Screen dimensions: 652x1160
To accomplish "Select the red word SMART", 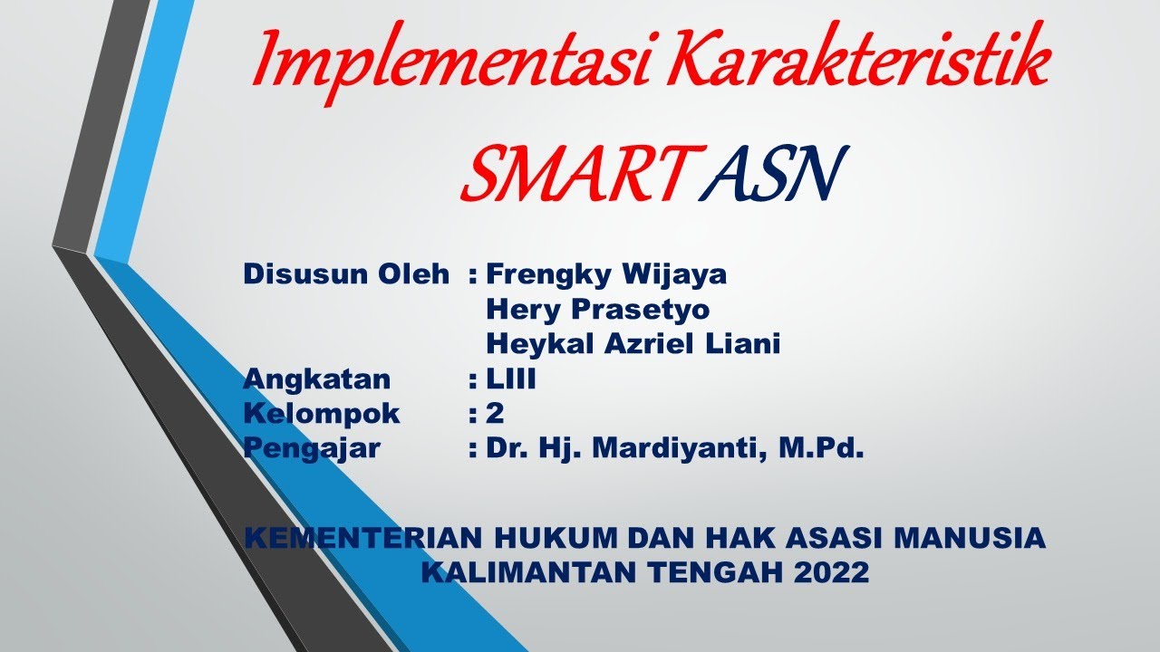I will pyautogui.click(x=571, y=174).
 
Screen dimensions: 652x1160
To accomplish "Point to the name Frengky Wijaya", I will pyautogui.click(x=606, y=273).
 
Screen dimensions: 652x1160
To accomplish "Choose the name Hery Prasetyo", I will pyautogui.click(x=598, y=309).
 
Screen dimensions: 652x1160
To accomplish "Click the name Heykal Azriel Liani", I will pyautogui.click(x=633, y=344).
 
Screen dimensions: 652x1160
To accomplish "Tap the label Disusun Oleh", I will pyautogui.click(x=346, y=273).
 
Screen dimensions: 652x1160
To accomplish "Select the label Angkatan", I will pyautogui.click(x=317, y=379).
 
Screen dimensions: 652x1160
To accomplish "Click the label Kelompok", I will pyautogui.click(x=322, y=414).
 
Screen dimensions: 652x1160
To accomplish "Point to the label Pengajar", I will pyautogui.click(x=312, y=448).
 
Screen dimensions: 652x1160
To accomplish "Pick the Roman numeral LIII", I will pyautogui.click(x=511, y=379).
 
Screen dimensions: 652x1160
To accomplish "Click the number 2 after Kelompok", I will pyautogui.click(x=495, y=414).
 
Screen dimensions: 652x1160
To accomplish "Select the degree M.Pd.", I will pyautogui.click(x=822, y=448).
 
